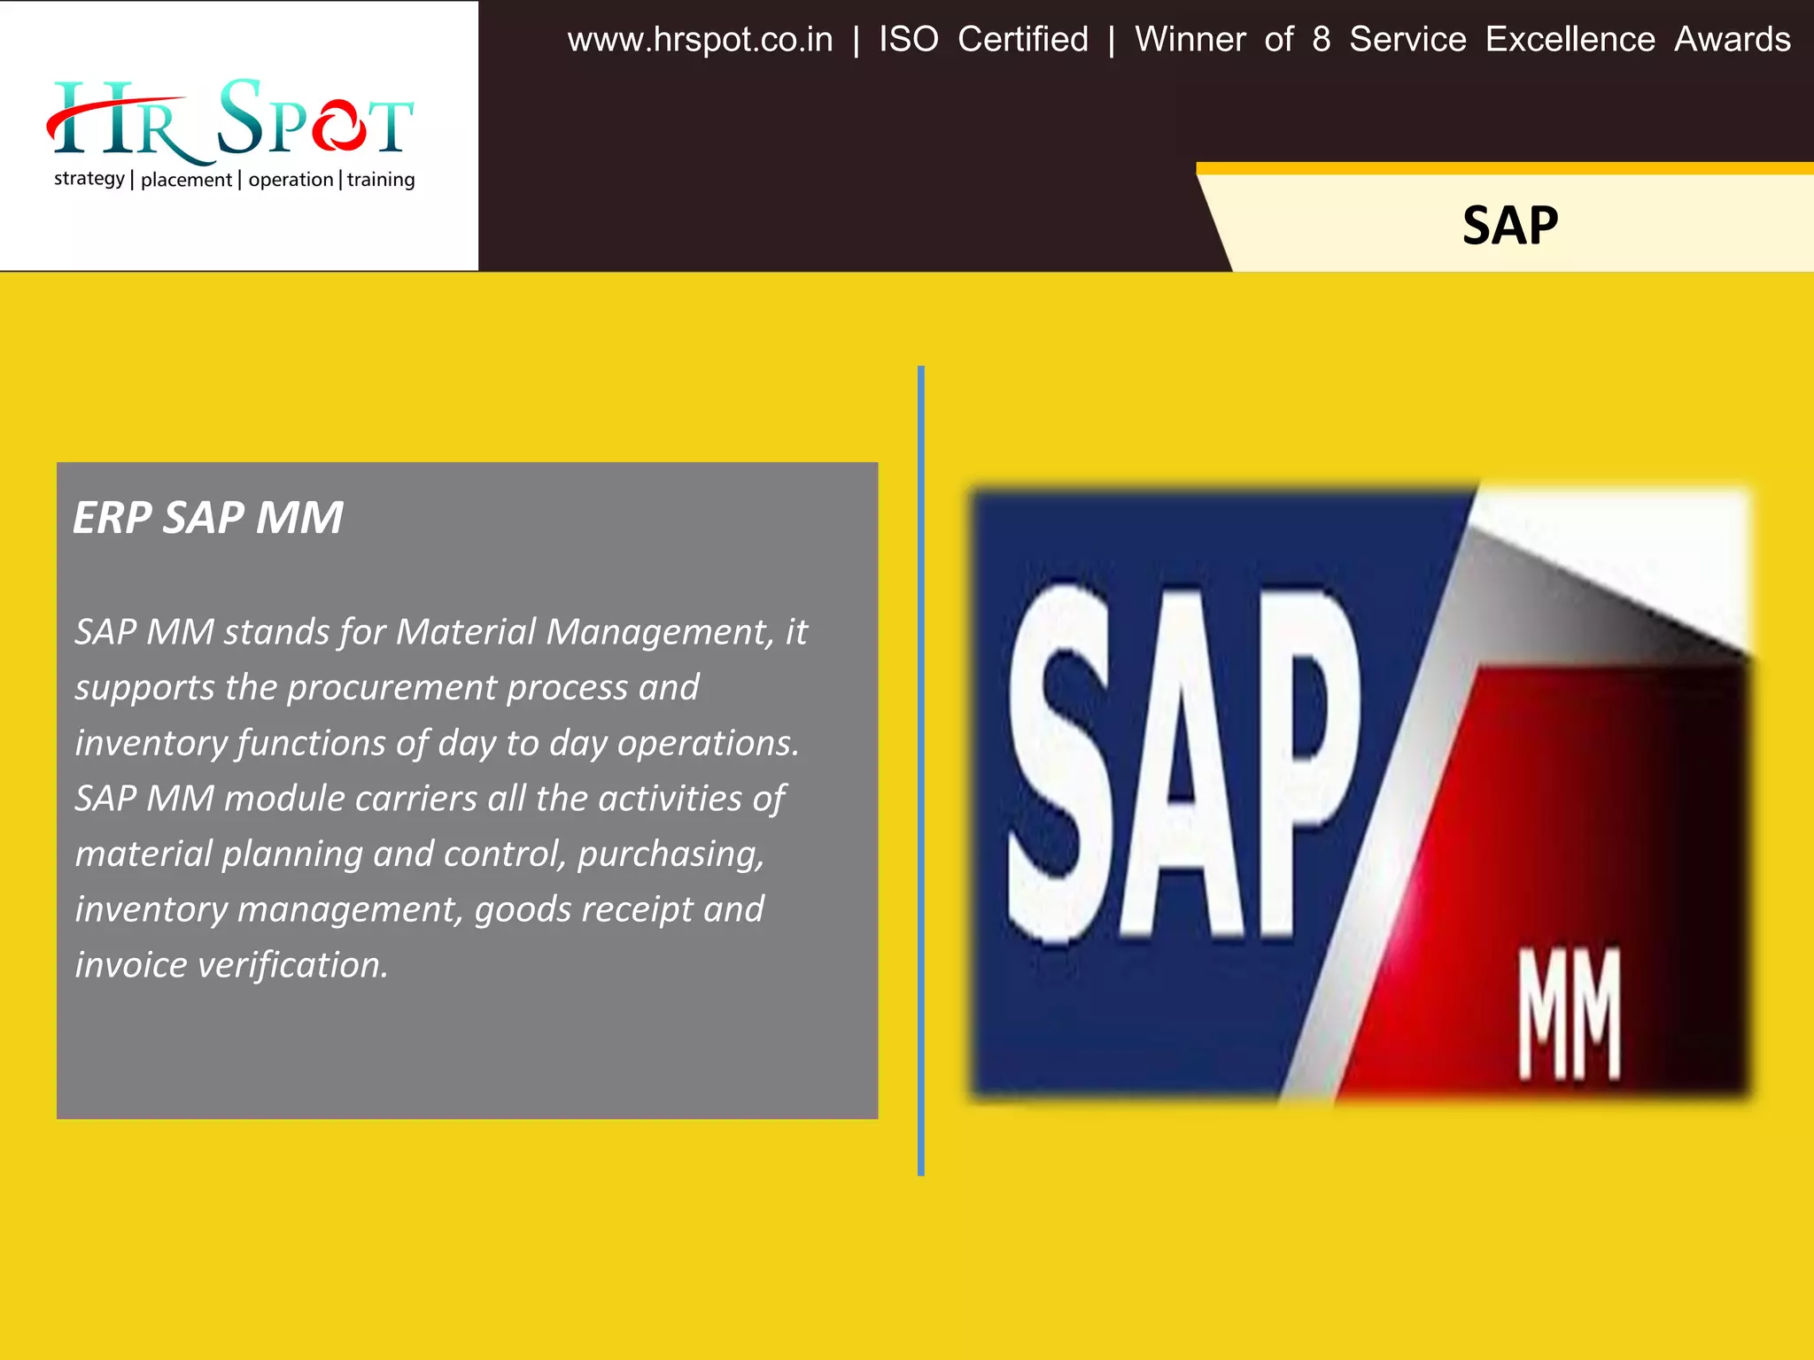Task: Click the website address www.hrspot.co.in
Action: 700,40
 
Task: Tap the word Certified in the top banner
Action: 1023,40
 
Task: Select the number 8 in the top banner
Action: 1321,40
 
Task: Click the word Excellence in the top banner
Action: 1570,40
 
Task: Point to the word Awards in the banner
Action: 1732,40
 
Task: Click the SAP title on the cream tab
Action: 1510,226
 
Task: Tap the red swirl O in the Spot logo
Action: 338,127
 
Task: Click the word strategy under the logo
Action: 89,180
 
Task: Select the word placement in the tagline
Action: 186,180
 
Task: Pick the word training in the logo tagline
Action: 381,180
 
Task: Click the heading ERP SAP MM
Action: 208,518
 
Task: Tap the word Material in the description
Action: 466,632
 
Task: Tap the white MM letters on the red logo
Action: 1570,1014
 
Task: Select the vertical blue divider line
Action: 921,770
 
